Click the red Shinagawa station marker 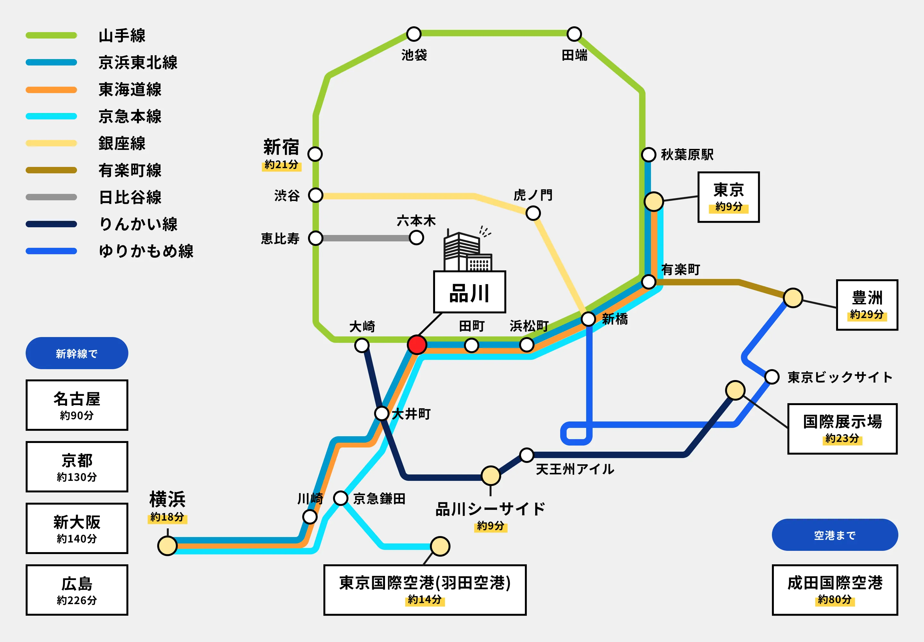417,345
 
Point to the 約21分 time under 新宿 281,165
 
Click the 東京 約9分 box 728,197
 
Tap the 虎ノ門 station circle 533,213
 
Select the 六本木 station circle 416,238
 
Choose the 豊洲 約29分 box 867,305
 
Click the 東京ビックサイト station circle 772,377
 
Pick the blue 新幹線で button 77,353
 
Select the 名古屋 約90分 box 77,405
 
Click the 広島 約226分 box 77,590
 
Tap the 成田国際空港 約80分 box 834,590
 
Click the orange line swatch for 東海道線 51,90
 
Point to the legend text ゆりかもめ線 146,251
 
